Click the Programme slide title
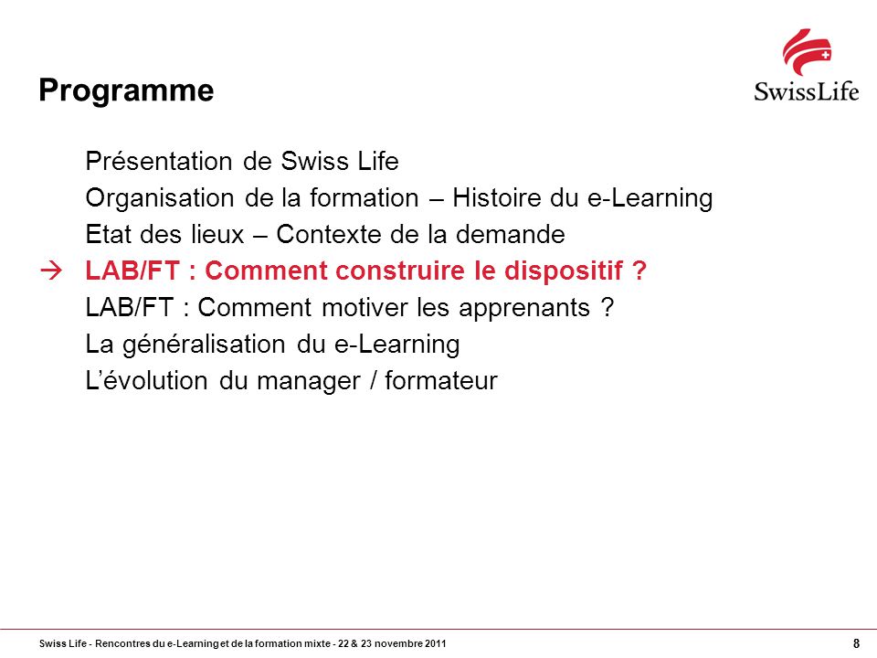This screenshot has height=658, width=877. tap(126, 91)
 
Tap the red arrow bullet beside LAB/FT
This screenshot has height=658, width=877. tap(51, 271)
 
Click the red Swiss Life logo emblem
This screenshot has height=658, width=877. tap(807, 52)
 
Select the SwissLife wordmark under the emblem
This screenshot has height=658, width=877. tap(806, 91)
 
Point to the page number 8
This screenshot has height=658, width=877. tap(856, 643)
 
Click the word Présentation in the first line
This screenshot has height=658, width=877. tap(159, 161)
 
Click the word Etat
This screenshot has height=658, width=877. tap(109, 235)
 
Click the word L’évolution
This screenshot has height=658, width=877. tap(146, 380)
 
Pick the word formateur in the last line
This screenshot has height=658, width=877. tap(440, 380)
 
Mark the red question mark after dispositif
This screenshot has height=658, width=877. tap(639, 271)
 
